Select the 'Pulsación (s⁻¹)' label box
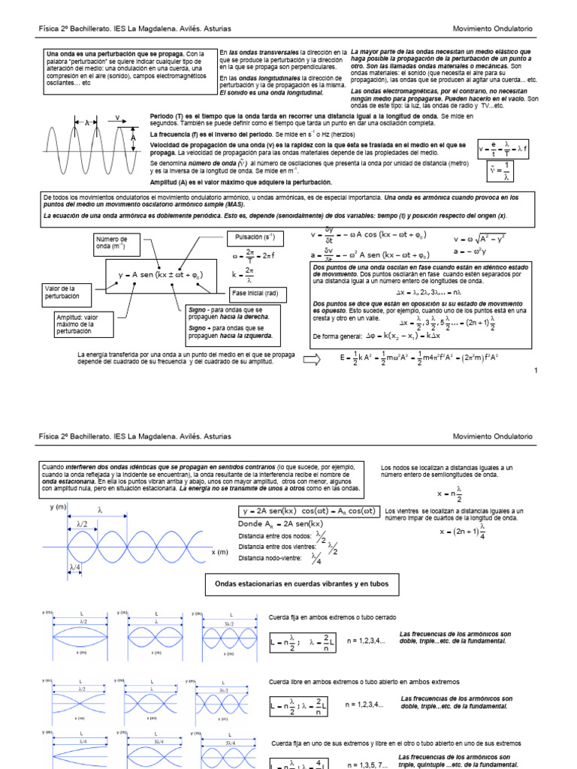click(254, 237)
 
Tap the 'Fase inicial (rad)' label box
click(255, 292)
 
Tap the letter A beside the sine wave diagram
click(133, 138)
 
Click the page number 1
click(536, 371)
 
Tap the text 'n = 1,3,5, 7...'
click(367, 764)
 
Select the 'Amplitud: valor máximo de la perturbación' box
click(78, 324)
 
